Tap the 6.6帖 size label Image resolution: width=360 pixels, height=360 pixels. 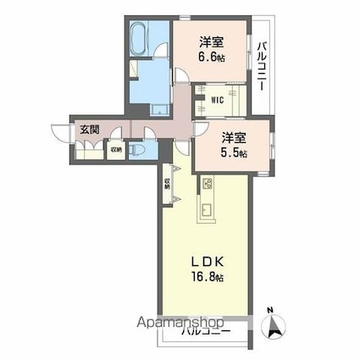[212, 57]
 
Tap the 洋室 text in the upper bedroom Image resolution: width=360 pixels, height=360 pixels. [212, 42]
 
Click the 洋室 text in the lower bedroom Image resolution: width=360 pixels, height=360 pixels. [235, 137]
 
